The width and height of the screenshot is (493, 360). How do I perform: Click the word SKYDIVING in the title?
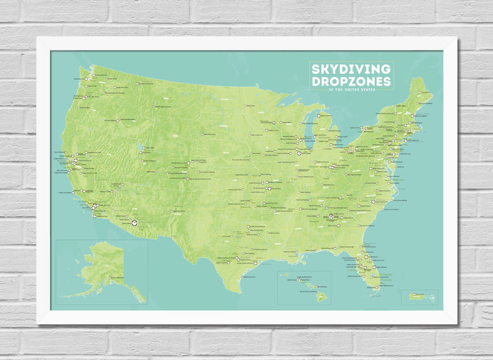[350, 69]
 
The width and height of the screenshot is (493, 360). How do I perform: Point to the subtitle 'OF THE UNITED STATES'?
[350, 91]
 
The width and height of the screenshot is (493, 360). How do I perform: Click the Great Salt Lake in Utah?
[141, 146]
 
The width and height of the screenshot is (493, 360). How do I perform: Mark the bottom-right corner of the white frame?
[457, 324]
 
